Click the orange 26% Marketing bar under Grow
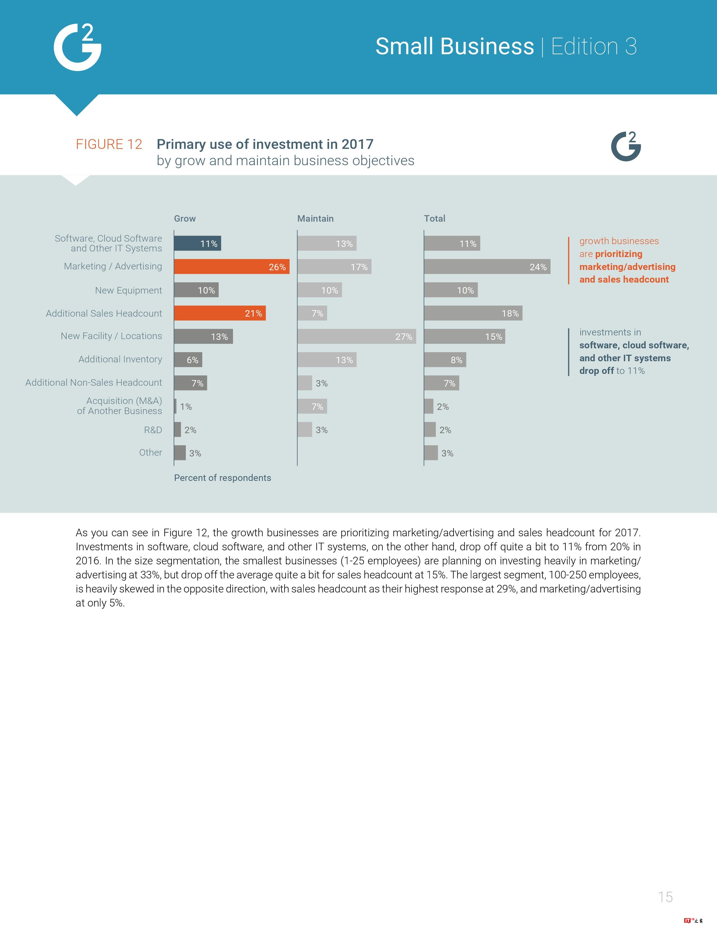(x=231, y=267)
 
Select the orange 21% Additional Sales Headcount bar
(x=220, y=313)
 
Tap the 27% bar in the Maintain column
(x=356, y=337)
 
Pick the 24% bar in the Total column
(x=487, y=267)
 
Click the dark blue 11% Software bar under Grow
(x=197, y=244)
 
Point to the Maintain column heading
(x=315, y=219)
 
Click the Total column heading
(x=434, y=219)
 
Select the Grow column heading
(x=185, y=219)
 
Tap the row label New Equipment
(x=128, y=290)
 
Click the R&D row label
(x=153, y=430)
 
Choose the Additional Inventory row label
(x=120, y=360)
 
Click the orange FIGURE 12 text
(x=109, y=144)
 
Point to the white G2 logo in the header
(x=78, y=47)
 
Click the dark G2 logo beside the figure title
(x=626, y=146)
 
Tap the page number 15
(x=665, y=897)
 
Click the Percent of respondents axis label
(x=222, y=478)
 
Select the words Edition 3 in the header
(x=594, y=46)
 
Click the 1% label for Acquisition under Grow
(x=186, y=407)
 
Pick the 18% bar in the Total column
(x=473, y=313)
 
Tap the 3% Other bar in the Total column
(x=431, y=453)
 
